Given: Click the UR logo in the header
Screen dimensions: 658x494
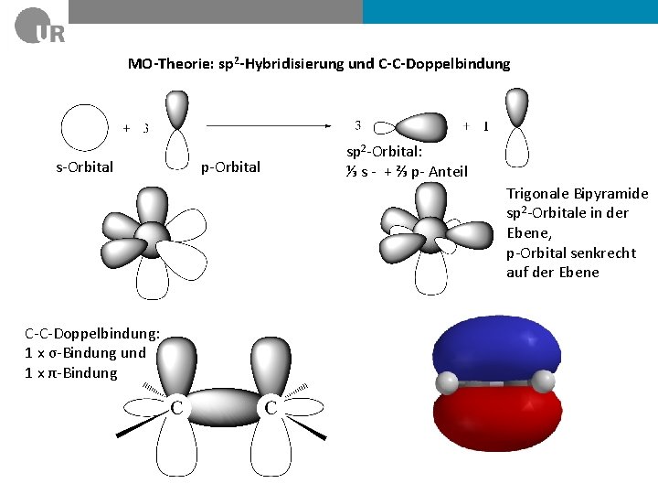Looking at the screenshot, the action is (39, 27).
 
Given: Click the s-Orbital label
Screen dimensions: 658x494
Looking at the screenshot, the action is (85, 166).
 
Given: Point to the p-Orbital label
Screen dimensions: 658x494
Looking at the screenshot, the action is (230, 166).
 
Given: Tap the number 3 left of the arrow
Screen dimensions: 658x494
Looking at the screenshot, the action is (145, 129).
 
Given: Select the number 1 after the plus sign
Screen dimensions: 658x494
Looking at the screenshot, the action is (485, 126).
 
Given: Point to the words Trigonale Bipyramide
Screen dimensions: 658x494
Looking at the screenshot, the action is (577, 193).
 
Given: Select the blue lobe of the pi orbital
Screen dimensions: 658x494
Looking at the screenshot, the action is (494, 348).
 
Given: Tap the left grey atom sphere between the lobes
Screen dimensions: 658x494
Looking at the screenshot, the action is (446, 382).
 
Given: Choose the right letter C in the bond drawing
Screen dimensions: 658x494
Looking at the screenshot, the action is (271, 406).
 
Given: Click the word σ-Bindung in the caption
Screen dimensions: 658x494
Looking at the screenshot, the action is (85, 353).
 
